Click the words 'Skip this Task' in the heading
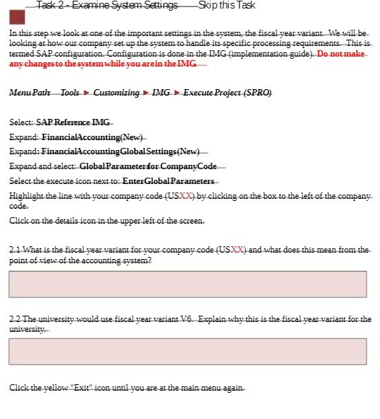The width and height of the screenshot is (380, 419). click(x=226, y=6)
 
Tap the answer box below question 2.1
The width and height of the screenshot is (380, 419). click(x=188, y=284)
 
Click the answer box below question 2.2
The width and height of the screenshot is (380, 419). click(x=188, y=351)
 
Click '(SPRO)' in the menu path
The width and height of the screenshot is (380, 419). click(x=258, y=93)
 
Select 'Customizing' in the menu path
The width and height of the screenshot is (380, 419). click(x=116, y=93)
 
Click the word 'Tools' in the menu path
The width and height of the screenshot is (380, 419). click(x=70, y=93)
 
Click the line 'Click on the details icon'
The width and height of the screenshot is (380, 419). click(x=107, y=222)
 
